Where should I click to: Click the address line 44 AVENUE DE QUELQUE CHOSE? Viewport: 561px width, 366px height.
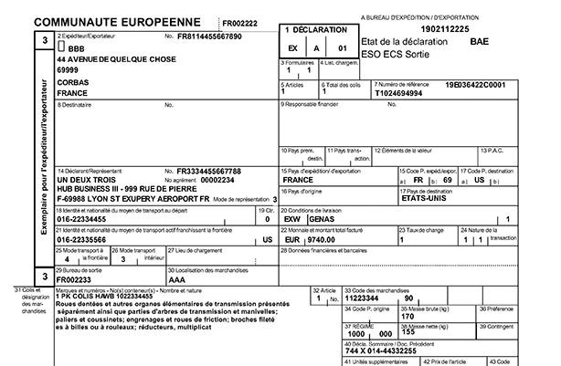click(x=117, y=58)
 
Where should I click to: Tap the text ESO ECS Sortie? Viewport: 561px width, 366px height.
click(x=403, y=54)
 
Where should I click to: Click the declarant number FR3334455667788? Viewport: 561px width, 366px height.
click(x=209, y=171)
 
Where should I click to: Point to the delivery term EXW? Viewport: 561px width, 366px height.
click(x=293, y=220)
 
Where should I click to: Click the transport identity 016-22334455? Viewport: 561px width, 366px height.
click(x=90, y=219)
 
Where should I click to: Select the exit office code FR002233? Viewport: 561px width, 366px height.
click(x=76, y=279)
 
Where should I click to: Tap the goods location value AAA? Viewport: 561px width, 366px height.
click(x=177, y=279)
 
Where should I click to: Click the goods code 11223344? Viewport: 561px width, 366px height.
click(x=365, y=298)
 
